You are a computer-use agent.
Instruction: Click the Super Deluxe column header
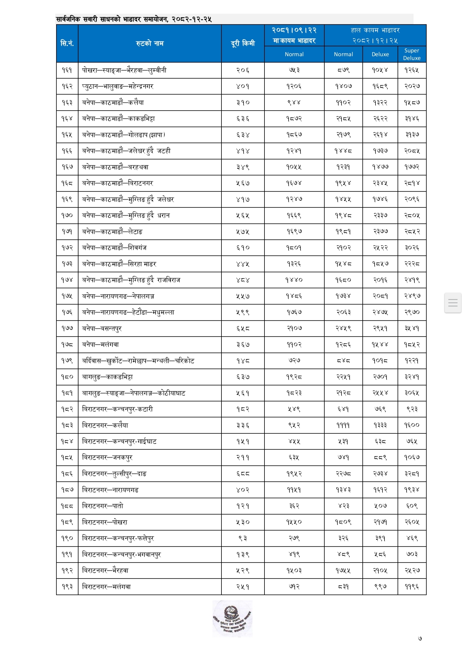412,54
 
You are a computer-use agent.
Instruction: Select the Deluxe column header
380,54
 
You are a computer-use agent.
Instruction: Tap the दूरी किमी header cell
243,43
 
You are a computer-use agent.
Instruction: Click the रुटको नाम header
150,43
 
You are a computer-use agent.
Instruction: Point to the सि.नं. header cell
67,43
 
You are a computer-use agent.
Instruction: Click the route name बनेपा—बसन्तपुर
102,328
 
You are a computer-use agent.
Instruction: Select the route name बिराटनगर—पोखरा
105,522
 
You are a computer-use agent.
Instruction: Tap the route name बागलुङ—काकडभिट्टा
107,377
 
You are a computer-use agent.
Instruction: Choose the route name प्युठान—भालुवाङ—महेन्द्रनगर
117,86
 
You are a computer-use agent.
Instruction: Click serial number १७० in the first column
67,216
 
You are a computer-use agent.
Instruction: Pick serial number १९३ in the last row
67,587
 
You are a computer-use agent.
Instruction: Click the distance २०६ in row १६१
243,70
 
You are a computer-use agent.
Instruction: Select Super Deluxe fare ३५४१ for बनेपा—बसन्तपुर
412,328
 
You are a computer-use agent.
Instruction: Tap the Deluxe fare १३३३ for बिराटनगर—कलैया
380,425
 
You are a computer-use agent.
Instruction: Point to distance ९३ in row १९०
243,538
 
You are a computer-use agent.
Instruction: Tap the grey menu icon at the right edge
453,303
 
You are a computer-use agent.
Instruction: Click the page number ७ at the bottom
420,638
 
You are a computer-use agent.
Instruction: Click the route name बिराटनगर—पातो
103,506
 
